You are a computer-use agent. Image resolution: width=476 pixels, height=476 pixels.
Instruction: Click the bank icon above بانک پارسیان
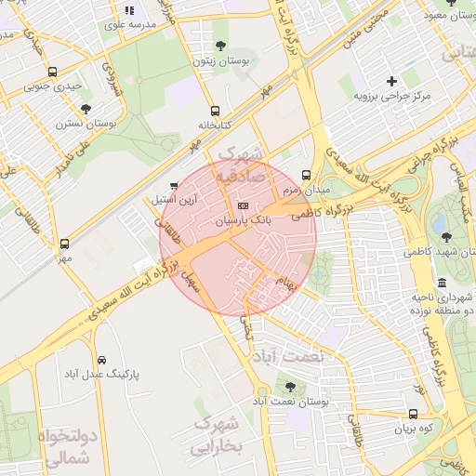244,205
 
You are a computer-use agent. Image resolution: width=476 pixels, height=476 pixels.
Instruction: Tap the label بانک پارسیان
244,222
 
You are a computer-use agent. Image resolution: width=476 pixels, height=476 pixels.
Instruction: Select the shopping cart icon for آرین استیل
174,186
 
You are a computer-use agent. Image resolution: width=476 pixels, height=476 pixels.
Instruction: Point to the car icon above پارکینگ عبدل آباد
100,359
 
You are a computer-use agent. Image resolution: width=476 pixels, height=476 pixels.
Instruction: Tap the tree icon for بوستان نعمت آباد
291,386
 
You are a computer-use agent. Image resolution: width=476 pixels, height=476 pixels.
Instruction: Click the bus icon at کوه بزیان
413,415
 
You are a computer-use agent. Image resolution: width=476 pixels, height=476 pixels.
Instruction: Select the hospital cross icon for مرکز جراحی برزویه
390,82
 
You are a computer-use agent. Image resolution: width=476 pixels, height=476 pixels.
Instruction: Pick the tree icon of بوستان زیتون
220,46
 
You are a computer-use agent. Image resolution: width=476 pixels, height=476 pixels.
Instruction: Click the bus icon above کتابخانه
216,110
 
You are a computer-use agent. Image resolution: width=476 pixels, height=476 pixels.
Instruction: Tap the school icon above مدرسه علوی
129,10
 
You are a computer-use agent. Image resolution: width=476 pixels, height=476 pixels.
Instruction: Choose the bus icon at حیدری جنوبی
52,72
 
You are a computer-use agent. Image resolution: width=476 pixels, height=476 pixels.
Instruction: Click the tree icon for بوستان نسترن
86,108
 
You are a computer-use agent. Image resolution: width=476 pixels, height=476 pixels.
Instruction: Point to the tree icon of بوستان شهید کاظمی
447,237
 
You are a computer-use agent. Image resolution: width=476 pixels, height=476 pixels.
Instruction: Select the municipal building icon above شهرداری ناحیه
441,283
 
